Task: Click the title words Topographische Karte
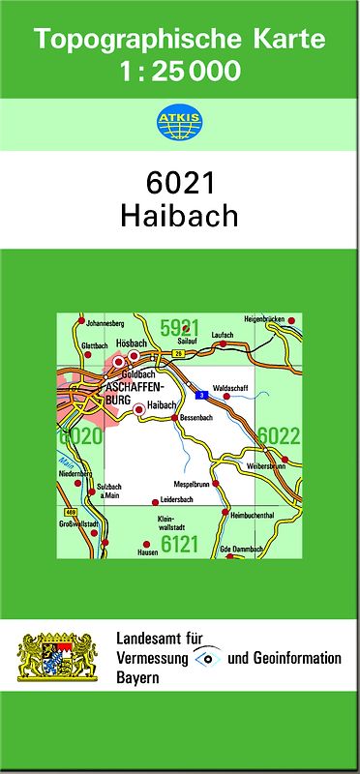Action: point(180,40)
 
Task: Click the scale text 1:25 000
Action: point(180,71)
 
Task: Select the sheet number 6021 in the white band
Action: point(180,184)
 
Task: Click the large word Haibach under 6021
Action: point(180,215)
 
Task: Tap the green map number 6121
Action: point(179,545)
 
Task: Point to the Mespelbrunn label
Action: point(192,483)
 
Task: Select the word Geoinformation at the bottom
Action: point(298,658)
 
